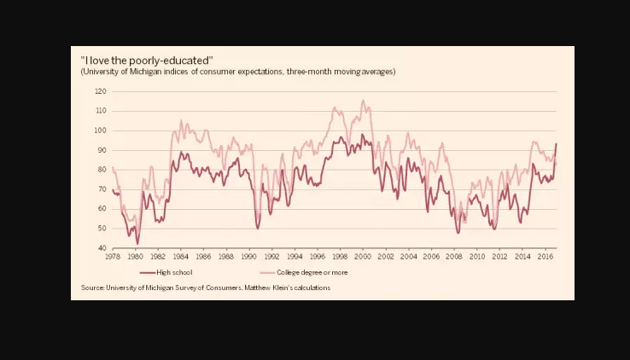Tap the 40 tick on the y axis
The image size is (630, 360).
click(x=102, y=248)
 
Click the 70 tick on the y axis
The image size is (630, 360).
click(x=102, y=189)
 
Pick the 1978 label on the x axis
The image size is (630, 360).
click(x=113, y=256)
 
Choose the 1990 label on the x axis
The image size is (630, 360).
click(x=248, y=256)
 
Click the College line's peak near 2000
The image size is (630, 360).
click(x=364, y=101)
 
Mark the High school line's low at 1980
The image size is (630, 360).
click(x=137, y=244)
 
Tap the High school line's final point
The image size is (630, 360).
click(x=557, y=143)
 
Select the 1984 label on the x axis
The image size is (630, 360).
click(x=180, y=256)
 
